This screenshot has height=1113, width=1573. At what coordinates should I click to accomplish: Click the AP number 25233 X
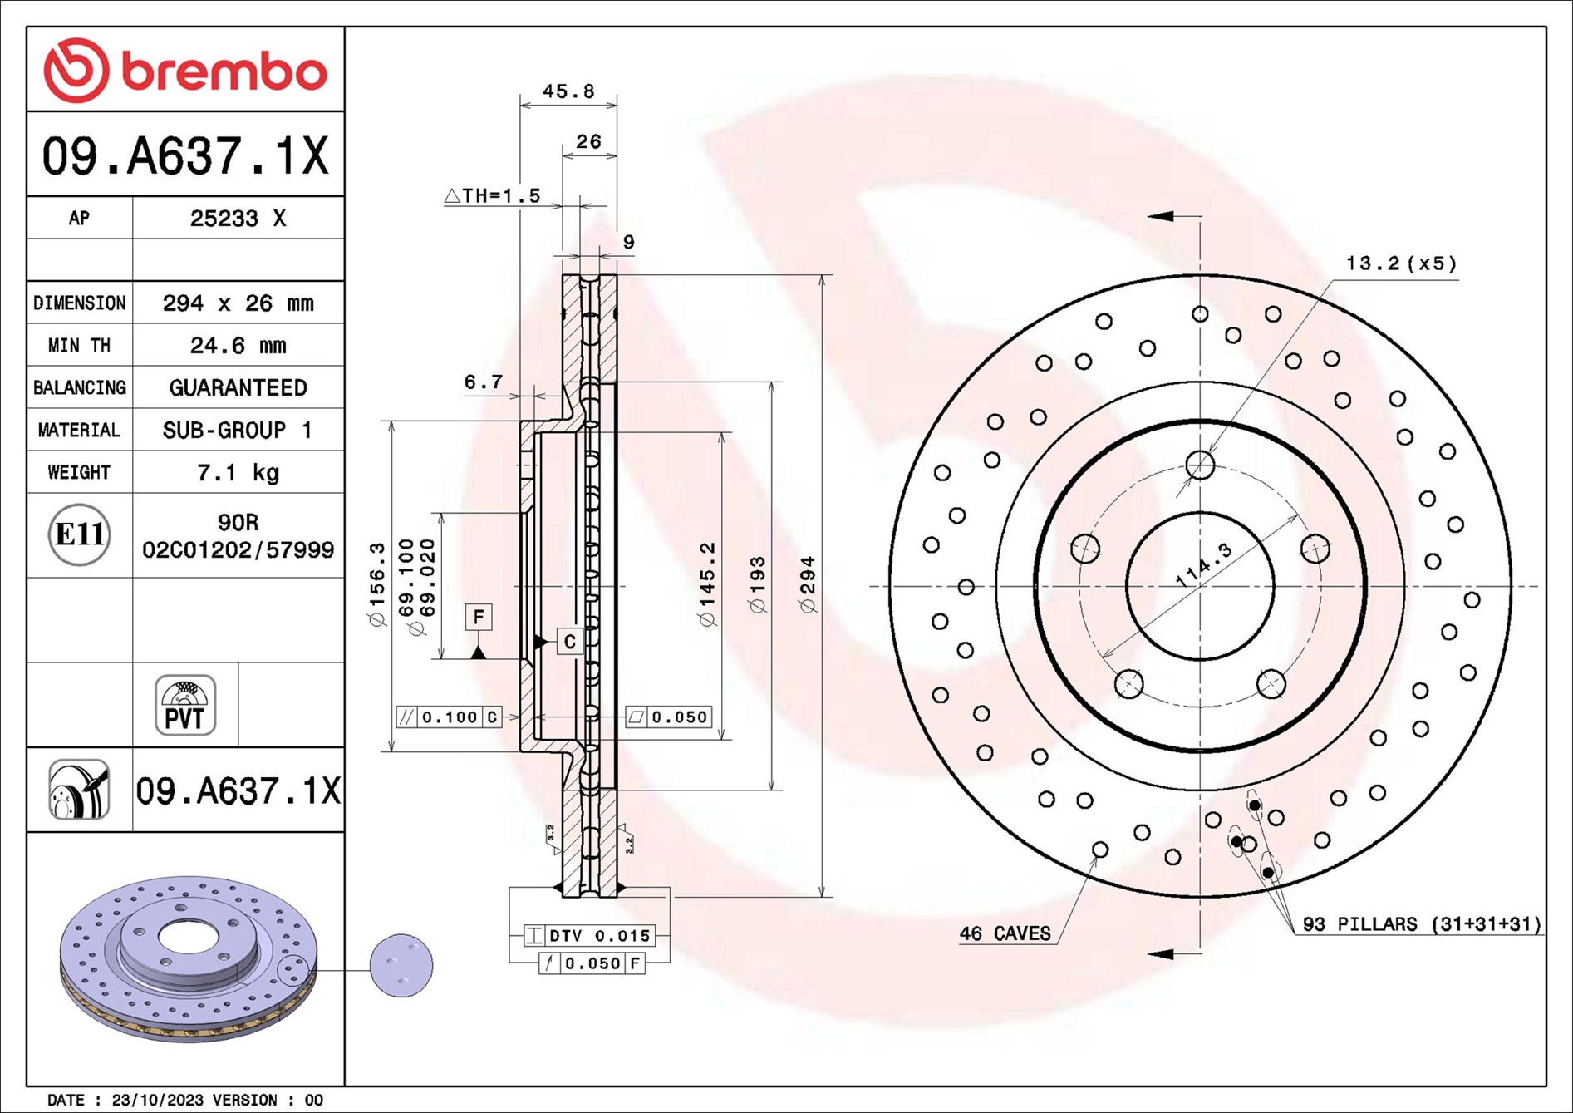pyautogui.click(x=238, y=219)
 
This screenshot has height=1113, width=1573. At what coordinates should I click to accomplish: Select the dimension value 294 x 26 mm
pyautogui.click(x=238, y=303)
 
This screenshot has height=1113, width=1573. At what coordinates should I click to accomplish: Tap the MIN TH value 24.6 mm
pyautogui.click(x=238, y=346)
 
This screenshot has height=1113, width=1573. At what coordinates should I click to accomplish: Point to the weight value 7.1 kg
pyautogui.click(x=238, y=473)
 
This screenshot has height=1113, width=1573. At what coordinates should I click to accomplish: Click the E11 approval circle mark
pyautogui.click(x=79, y=534)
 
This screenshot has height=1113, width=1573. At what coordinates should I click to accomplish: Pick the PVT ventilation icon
pyautogui.click(x=184, y=706)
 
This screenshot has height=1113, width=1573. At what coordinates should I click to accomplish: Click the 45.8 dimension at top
pyautogui.click(x=568, y=91)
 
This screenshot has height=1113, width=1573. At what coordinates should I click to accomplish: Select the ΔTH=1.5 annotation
pyautogui.click(x=492, y=196)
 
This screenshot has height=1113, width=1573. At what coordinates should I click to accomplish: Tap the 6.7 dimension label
pyautogui.click(x=483, y=382)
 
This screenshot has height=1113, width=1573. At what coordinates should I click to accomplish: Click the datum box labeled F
pyautogui.click(x=479, y=617)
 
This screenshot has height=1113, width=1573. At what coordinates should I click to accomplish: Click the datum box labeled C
pyautogui.click(x=569, y=642)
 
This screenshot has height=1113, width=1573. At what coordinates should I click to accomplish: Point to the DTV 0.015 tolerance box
pyautogui.click(x=589, y=936)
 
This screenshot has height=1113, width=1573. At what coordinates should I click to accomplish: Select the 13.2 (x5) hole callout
pyautogui.click(x=1401, y=263)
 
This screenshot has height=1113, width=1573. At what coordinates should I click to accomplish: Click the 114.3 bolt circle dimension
pyautogui.click(x=1204, y=565)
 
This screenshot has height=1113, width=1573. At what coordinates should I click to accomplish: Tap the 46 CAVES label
pyautogui.click(x=1005, y=933)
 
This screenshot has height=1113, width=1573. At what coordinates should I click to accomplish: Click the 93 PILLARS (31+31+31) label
pyautogui.click(x=1421, y=924)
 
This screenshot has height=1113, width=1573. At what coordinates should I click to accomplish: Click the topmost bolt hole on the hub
pyautogui.click(x=1200, y=465)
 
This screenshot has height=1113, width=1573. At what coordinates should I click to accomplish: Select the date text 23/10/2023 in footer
pyautogui.click(x=157, y=1100)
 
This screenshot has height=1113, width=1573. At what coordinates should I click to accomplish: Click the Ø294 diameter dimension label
pyautogui.click(x=808, y=585)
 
